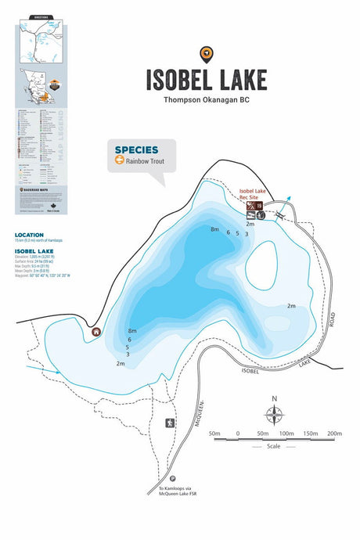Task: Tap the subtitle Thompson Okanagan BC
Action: coord(206,99)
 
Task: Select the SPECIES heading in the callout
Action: coord(136,149)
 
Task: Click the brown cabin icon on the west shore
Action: coord(96,331)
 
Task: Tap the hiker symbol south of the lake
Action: coord(169,423)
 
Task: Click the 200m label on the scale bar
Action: coord(334,434)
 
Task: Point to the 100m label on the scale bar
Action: coord(286,434)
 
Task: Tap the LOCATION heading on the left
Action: coord(29,235)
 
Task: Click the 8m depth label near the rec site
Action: coord(214,229)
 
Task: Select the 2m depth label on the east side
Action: coord(291,305)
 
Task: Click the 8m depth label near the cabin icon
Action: coord(132,332)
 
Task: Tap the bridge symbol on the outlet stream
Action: coord(279,214)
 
